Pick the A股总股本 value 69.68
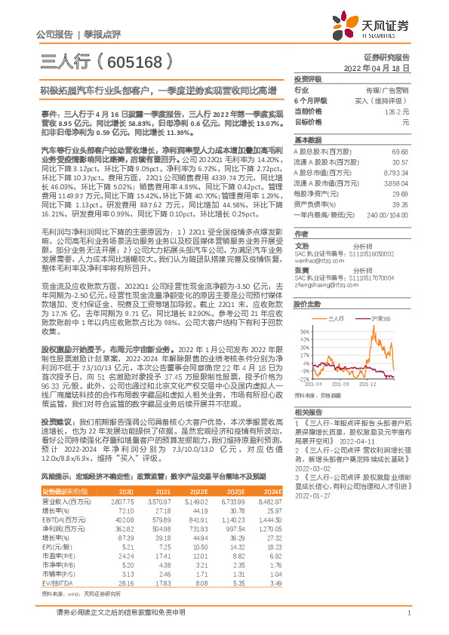(401, 152)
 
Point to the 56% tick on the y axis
(304, 331)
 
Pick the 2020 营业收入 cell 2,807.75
(121, 479)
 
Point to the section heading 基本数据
(307, 141)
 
